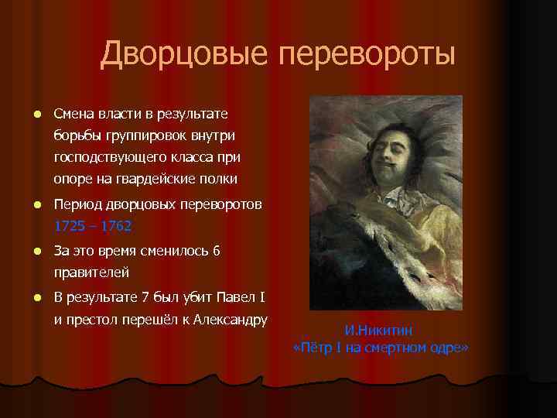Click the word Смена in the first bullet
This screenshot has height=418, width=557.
tap(75, 115)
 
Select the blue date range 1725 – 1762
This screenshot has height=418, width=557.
tap(93, 227)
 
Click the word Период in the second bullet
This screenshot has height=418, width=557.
tap(77, 205)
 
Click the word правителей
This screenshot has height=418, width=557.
tap(91, 273)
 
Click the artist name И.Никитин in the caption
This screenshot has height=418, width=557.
tap(381, 331)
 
